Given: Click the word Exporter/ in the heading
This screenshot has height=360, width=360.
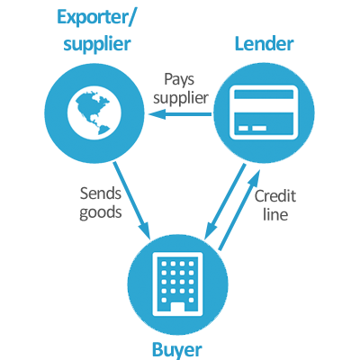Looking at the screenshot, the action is (x=95, y=18).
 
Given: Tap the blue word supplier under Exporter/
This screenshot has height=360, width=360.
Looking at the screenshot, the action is (x=97, y=45).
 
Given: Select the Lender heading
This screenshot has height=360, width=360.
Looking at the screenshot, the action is (x=264, y=44).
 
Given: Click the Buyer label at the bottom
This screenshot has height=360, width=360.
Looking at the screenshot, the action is (x=177, y=350).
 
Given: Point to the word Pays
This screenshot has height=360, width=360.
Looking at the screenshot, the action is (x=179, y=80).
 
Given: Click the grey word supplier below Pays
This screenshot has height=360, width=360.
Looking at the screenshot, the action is (x=181, y=98).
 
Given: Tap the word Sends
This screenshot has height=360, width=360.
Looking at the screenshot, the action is (x=101, y=193).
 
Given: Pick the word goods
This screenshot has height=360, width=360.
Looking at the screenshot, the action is (x=101, y=212).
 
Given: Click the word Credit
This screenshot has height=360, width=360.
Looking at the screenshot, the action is (x=275, y=196).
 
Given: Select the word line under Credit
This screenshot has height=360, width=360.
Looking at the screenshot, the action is (x=275, y=214).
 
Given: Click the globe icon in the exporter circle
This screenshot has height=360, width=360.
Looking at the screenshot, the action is (x=94, y=113).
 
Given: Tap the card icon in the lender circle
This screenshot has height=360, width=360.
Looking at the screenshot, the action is (x=264, y=112).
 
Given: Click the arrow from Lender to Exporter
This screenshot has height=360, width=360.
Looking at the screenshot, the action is (x=180, y=114).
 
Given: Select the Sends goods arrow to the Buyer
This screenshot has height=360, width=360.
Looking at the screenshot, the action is (x=131, y=202).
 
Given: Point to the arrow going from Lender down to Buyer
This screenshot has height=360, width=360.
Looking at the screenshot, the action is (x=225, y=202).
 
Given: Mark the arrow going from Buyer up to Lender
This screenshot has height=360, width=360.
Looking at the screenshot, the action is (x=239, y=211).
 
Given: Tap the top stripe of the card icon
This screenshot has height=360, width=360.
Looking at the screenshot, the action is (x=264, y=94).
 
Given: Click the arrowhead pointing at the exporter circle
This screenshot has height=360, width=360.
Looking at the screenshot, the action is (x=157, y=114).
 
